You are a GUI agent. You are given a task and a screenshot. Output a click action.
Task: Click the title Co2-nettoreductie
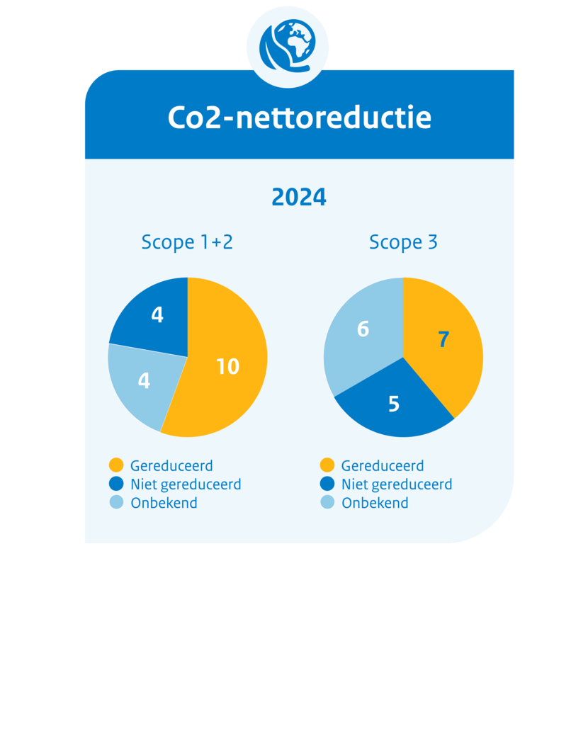click(299, 118)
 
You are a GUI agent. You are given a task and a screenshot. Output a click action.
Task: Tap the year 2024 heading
click(299, 198)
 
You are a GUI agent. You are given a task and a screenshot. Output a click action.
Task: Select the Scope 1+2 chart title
click(187, 242)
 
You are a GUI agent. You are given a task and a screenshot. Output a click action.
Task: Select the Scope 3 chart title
click(403, 242)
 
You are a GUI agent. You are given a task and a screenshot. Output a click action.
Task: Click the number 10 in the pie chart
click(227, 367)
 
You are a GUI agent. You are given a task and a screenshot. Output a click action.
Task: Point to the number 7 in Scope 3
click(443, 340)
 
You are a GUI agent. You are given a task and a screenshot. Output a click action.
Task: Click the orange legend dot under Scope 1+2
click(116, 465)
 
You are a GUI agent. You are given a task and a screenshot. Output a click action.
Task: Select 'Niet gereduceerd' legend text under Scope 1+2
click(186, 484)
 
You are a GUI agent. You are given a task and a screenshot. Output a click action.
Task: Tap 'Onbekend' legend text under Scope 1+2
click(164, 503)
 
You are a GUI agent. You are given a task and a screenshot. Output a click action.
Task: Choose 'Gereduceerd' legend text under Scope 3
click(383, 465)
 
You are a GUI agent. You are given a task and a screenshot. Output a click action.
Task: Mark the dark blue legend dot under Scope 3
click(327, 484)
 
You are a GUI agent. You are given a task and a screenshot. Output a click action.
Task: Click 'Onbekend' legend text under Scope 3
click(375, 503)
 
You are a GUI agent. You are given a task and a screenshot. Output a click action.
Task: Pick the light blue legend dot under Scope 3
click(327, 503)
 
